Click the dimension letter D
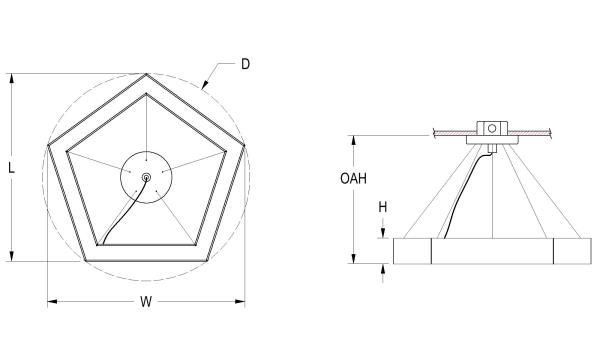click(245, 64)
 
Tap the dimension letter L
click(11, 168)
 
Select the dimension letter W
click(146, 301)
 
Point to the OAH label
click(353, 178)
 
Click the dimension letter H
click(383, 207)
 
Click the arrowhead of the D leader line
click(205, 85)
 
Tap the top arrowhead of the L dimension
click(12, 78)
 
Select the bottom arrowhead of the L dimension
click(12, 256)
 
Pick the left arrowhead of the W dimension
click(52, 301)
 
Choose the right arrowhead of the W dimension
click(240, 301)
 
